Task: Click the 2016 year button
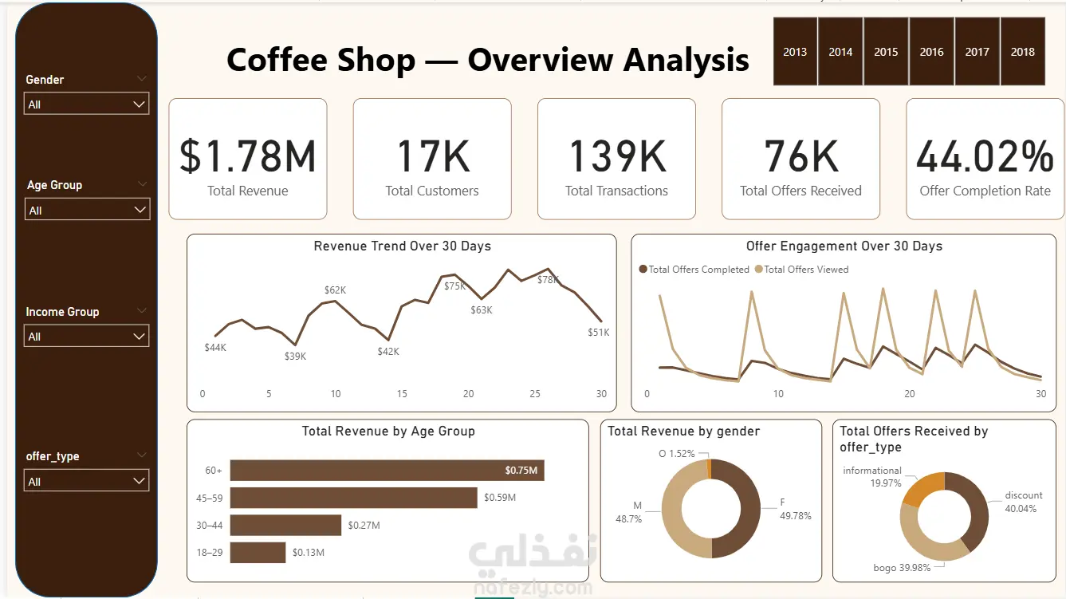(x=931, y=51)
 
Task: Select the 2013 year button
(x=795, y=51)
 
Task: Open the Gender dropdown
(x=86, y=104)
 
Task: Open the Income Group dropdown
(x=86, y=336)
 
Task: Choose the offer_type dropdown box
(x=86, y=480)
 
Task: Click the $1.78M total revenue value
(x=247, y=156)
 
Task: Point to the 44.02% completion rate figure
(x=985, y=156)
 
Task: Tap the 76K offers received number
(x=801, y=156)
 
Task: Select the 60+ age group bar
(x=387, y=471)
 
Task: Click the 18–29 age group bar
(x=258, y=552)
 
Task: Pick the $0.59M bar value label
(x=500, y=498)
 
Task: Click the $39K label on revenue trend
(x=295, y=357)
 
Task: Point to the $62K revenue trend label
(x=335, y=290)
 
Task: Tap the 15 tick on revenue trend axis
(x=402, y=394)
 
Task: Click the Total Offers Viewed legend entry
(x=802, y=270)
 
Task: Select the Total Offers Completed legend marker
(x=643, y=269)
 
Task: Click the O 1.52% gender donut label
(x=676, y=453)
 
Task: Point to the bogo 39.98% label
(x=902, y=568)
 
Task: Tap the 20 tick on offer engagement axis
(x=910, y=394)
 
